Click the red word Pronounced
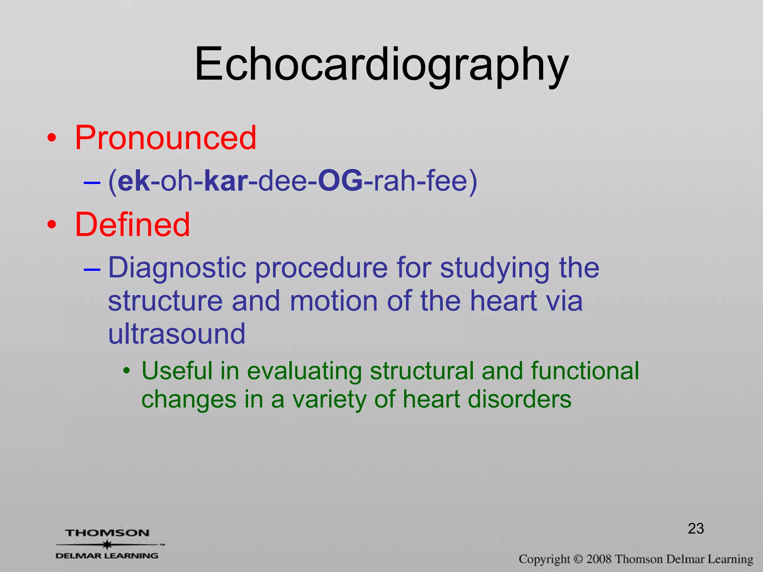pyautogui.click(x=166, y=138)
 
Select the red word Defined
pyautogui.click(x=132, y=225)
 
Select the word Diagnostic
pyautogui.click(x=177, y=268)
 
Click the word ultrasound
pyautogui.click(x=177, y=334)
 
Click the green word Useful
pyautogui.click(x=177, y=371)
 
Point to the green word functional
pyautogui.click(x=585, y=371)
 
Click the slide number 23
pyautogui.click(x=696, y=528)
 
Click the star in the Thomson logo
pyautogui.click(x=107, y=544)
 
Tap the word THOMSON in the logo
pyautogui.click(x=107, y=533)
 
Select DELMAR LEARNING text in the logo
pyautogui.click(x=107, y=556)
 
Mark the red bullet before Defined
pyautogui.click(x=52, y=225)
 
